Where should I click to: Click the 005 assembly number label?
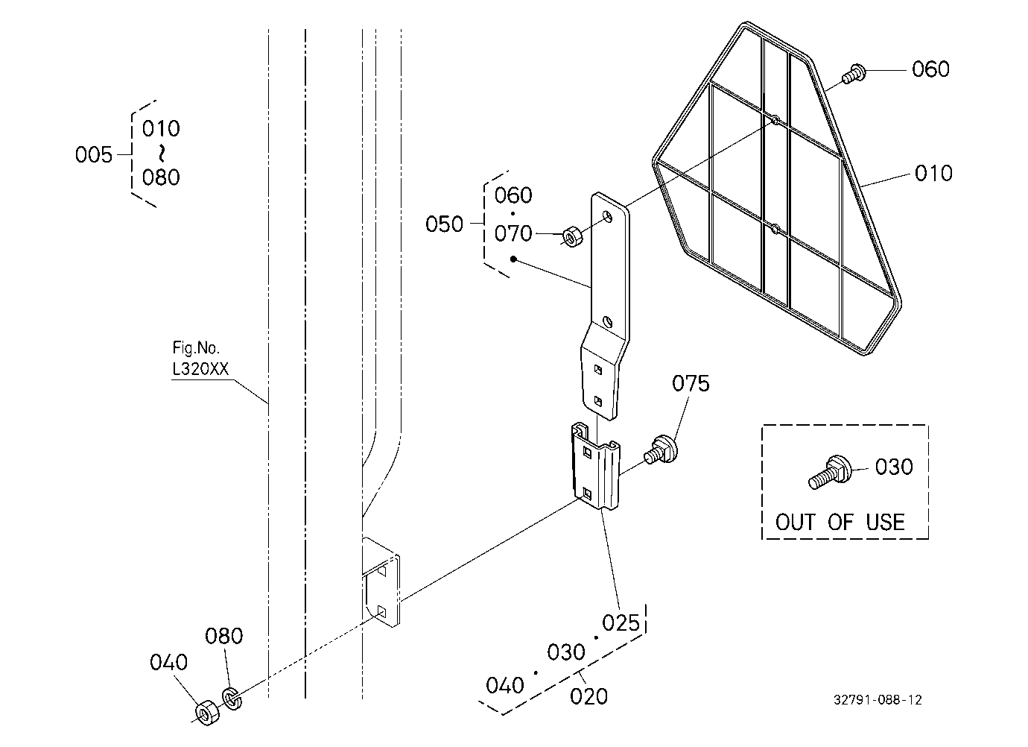[94, 155]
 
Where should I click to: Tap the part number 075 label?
[691, 383]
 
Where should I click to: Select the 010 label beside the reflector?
[933, 173]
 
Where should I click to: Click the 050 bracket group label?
[444, 224]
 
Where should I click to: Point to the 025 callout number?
[621, 623]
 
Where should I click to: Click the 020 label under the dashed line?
[588, 696]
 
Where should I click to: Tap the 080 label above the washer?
[224, 636]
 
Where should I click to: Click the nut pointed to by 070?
[572, 236]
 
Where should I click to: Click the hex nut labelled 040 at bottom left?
[207, 713]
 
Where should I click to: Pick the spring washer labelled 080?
[232, 699]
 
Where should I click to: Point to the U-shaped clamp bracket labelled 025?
[595, 466]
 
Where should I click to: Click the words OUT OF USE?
[840, 523]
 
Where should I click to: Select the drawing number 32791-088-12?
[878, 700]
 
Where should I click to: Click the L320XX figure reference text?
[200, 369]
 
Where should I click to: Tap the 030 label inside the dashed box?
[894, 467]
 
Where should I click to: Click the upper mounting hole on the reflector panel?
[775, 120]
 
